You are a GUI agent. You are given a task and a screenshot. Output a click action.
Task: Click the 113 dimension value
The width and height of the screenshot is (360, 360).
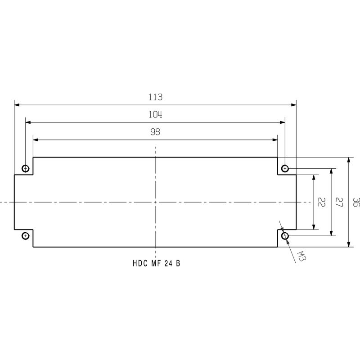[x=155, y=97]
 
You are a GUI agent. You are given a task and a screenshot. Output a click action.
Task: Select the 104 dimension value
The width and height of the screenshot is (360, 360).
[x=155, y=114]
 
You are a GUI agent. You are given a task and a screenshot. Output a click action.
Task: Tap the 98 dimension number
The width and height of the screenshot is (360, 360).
[x=155, y=132]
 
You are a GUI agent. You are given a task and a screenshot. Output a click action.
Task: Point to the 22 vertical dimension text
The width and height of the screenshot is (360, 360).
[x=321, y=202]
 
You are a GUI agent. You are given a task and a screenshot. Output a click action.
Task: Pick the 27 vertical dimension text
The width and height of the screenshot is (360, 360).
[x=340, y=202]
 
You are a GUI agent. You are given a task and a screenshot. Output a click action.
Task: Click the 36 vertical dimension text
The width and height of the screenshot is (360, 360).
[x=356, y=202]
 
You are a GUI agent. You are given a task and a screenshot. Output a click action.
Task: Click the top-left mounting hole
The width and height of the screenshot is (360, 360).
[x=26, y=169]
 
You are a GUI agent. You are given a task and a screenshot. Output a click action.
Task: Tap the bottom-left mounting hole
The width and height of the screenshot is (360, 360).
[x=26, y=235]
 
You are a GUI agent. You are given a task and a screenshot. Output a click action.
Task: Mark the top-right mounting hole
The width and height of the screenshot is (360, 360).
[x=285, y=169]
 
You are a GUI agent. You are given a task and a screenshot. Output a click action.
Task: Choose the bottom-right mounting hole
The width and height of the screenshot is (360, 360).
[x=285, y=235]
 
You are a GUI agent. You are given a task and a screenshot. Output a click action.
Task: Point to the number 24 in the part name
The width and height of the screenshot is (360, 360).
[x=168, y=264]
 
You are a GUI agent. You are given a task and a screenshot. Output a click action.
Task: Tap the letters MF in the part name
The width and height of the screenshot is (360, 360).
[x=156, y=264]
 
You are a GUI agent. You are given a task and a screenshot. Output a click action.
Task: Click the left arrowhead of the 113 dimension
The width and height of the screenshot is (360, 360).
[x=17, y=105]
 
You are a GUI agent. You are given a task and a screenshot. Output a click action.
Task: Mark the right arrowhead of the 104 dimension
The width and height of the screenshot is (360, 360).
[x=283, y=121]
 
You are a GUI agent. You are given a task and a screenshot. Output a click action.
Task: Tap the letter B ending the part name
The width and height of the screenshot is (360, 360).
[x=178, y=264]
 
